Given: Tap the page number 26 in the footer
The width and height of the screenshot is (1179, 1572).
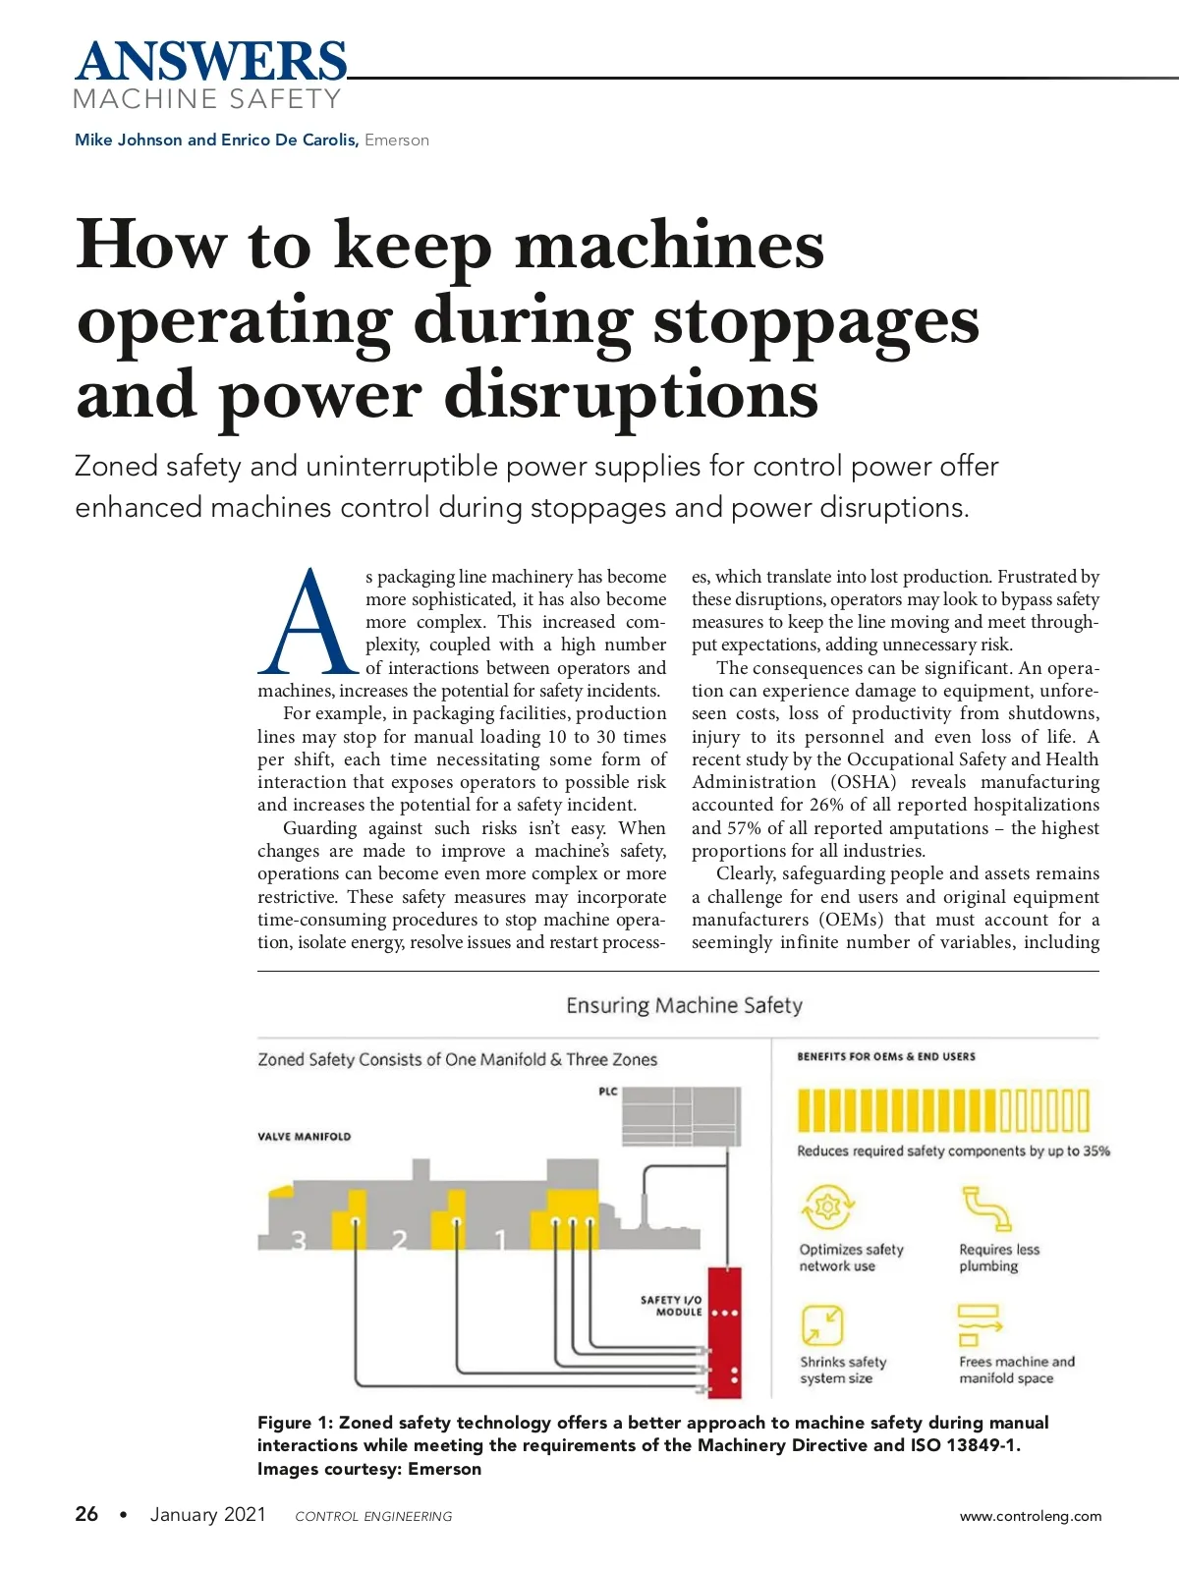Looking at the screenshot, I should coord(86,1514).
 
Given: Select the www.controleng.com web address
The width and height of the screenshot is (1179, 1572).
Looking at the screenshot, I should coord(1031,1516).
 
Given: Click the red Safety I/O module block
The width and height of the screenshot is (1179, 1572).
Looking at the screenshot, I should coord(724,1331).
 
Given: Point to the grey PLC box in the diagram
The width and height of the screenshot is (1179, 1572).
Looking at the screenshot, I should coord(681,1116).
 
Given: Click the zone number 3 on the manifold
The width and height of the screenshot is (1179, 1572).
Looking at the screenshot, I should coord(299,1241).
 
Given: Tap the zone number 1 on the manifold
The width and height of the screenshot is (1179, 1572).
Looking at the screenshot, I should coord(499,1241).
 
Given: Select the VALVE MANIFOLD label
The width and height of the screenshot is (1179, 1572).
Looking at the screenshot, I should coord(305,1137).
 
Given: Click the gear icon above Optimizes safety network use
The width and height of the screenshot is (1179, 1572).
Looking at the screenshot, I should coord(827,1207).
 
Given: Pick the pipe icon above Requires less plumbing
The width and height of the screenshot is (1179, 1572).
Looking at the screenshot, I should coord(985,1207).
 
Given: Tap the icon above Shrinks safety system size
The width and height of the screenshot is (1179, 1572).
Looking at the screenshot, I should coord(822,1324).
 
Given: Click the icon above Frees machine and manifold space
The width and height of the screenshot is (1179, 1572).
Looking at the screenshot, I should coord(979,1324).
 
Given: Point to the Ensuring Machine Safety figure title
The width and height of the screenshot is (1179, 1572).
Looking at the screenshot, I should coord(684,1005).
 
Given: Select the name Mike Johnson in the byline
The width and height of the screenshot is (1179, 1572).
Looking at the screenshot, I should coord(129,140).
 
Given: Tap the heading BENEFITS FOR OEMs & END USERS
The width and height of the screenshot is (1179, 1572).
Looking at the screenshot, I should coord(886,1056).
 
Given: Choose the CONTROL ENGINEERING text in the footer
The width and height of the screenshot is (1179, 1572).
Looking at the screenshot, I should coord(373,1516).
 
